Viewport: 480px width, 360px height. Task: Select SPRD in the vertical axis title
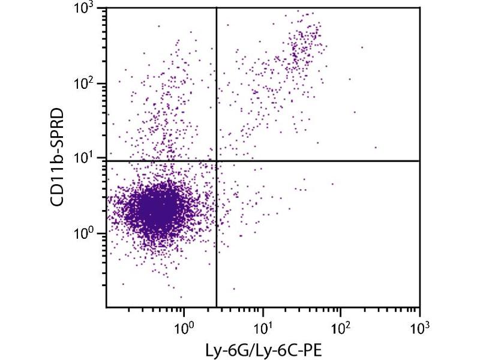pos(58,133)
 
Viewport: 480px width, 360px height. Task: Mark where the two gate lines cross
pos(216,160)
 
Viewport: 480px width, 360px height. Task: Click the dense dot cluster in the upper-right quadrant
pos(303,48)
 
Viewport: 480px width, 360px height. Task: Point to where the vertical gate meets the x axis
pos(216,307)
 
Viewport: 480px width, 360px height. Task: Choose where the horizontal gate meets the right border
pos(419,160)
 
